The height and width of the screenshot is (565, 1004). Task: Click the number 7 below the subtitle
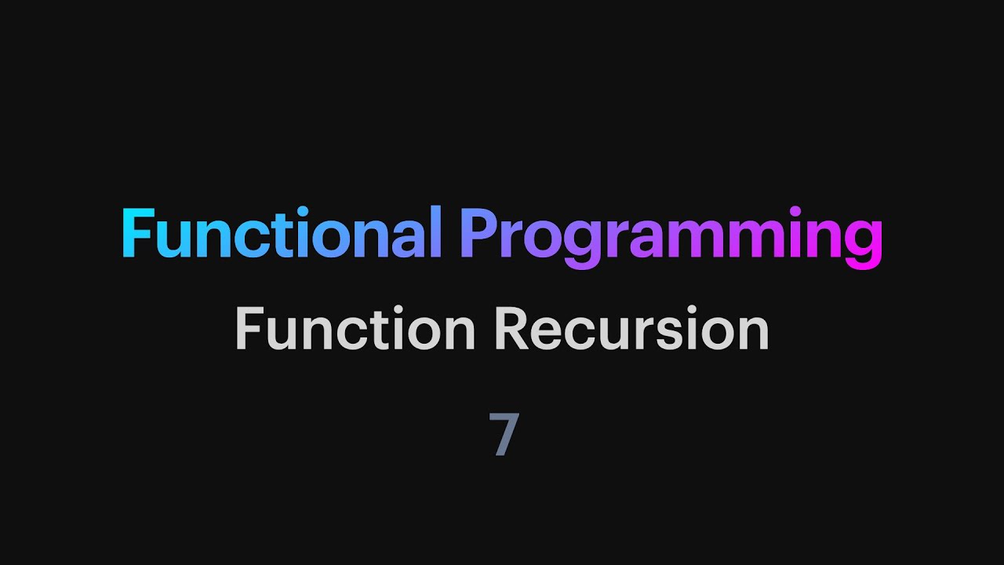tap(504, 434)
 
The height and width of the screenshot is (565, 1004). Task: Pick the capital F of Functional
tap(138, 234)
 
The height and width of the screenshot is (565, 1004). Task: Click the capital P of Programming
tap(478, 234)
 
